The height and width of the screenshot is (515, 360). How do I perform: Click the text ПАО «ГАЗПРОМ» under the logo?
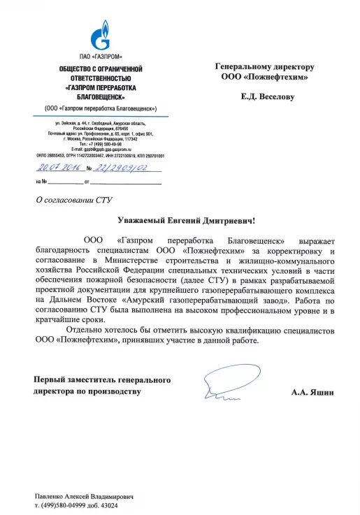pyautogui.click(x=101, y=56)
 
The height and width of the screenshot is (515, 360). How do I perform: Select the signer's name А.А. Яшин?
pyautogui.click(x=312, y=393)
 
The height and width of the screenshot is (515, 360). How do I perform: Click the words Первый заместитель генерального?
pyautogui.click(x=103, y=379)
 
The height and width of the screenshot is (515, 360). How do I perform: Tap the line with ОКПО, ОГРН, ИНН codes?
pyautogui.click(x=101, y=155)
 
